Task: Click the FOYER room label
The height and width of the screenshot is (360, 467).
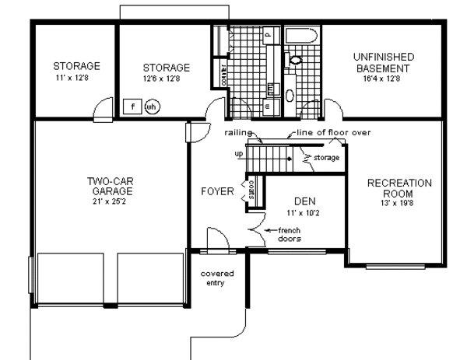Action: pos(216,190)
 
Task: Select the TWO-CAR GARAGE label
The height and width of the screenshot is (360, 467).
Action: pos(109,186)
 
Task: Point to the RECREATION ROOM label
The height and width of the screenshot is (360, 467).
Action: pos(399,188)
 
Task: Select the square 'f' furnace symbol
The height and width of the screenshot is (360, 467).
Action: pos(133,105)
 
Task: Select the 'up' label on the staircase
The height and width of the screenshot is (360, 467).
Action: pos(239,154)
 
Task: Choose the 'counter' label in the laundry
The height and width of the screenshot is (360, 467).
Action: pos(224,77)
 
